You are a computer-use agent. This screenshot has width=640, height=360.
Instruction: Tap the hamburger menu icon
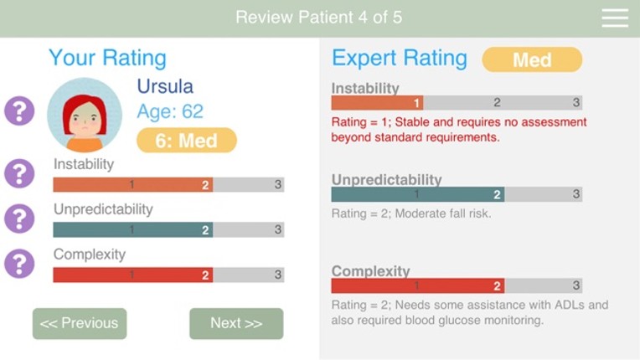click(x=614, y=18)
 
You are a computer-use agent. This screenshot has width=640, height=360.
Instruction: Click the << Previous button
click(x=80, y=323)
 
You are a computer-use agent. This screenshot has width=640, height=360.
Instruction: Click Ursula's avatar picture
click(x=85, y=115)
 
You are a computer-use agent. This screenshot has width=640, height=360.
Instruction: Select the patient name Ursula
click(x=165, y=86)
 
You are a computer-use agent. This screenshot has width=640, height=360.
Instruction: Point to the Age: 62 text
click(x=170, y=111)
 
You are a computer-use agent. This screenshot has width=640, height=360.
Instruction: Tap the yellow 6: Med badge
click(x=187, y=141)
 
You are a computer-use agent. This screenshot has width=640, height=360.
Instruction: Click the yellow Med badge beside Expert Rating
click(x=532, y=59)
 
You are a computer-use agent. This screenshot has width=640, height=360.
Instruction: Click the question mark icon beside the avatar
click(x=19, y=111)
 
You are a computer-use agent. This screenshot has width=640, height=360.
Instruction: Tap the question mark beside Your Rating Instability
click(x=19, y=173)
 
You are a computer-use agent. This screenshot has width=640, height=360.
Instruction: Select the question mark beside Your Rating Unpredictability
click(x=19, y=219)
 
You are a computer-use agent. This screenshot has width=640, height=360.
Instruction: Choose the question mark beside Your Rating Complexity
click(x=19, y=264)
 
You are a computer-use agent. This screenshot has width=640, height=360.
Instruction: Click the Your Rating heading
click(x=107, y=58)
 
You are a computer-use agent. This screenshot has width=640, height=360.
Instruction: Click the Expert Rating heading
click(x=400, y=58)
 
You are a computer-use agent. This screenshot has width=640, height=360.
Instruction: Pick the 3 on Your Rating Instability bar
click(x=277, y=185)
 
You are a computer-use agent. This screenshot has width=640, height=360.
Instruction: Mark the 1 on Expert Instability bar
click(x=415, y=103)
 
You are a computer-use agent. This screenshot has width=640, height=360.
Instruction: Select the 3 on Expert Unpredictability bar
click(x=576, y=194)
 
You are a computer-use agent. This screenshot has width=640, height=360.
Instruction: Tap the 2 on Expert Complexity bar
click(x=497, y=285)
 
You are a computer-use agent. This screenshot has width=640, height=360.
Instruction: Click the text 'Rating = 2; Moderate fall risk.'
click(x=411, y=213)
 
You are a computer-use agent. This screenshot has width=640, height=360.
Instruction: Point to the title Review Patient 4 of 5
click(x=318, y=18)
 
